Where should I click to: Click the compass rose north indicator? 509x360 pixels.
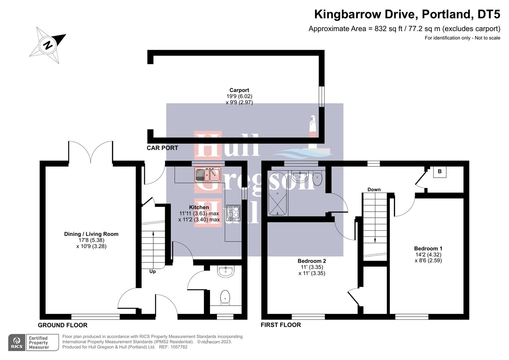[x=48, y=45]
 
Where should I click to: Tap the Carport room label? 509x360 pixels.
[x=239, y=90]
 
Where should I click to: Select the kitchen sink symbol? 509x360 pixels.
[x=207, y=174]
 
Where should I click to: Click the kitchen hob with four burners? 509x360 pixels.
[x=233, y=213]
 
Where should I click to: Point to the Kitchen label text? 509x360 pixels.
[x=199, y=207]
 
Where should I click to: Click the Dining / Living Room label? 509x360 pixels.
[x=91, y=234]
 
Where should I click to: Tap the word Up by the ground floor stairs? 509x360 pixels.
[x=152, y=271]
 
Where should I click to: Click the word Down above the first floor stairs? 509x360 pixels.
[x=374, y=189]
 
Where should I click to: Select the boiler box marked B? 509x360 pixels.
[x=439, y=171]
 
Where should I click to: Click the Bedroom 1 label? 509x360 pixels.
[x=428, y=248]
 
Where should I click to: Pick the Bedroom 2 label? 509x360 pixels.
[x=312, y=261]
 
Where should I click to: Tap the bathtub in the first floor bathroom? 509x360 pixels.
[x=277, y=194]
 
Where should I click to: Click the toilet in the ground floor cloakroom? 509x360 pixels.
[x=225, y=297]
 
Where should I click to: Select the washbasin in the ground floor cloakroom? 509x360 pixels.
[x=226, y=271]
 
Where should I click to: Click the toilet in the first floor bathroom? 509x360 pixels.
[x=318, y=178]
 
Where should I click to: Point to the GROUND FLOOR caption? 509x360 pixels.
[x=62, y=325]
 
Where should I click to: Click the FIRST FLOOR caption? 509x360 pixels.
[x=281, y=325]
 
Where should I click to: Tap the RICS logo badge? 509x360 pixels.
[x=17, y=343]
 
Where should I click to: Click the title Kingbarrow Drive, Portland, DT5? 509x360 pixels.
[x=407, y=14]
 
